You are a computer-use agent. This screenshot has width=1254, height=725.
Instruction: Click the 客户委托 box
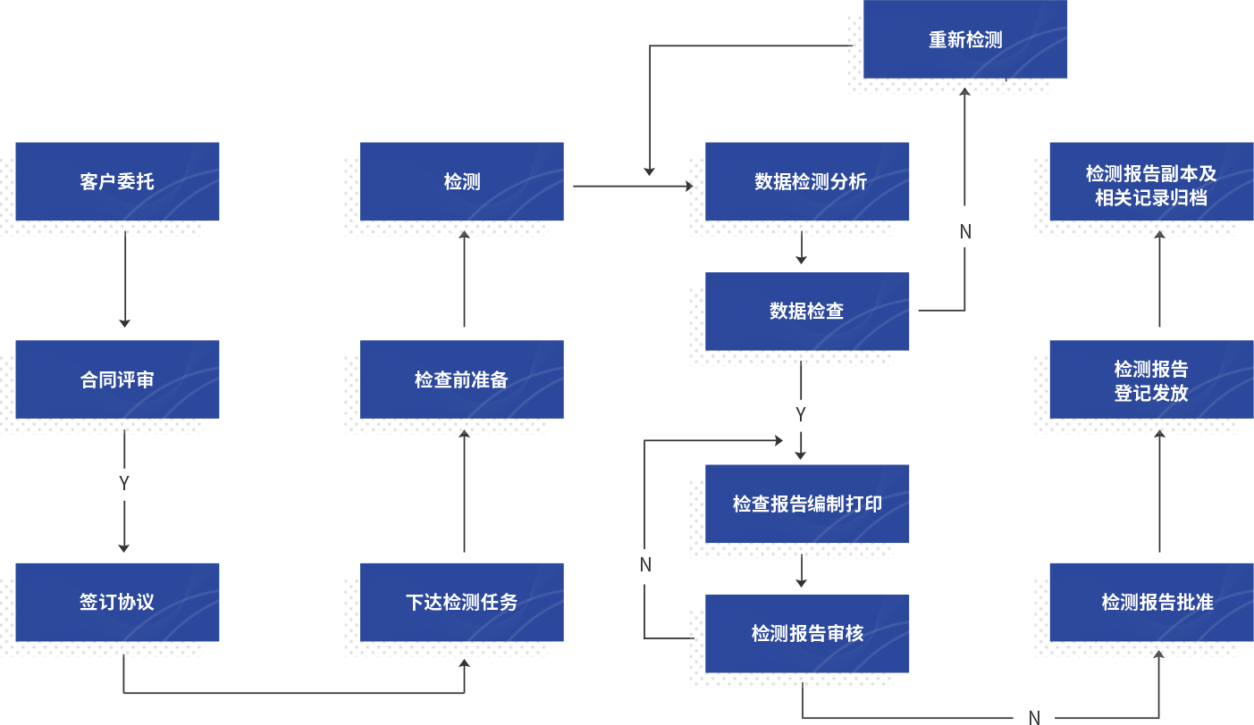coord(117,181)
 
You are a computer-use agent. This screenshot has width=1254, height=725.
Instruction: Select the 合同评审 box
coord(117,379)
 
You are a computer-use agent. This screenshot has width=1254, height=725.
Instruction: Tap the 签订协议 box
coord(117,602)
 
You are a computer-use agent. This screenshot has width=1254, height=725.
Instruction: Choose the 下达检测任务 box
coord(461,602)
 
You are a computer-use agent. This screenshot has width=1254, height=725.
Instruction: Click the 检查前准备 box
coord(461,379)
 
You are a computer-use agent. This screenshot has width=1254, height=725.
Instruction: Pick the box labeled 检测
coord(461,181)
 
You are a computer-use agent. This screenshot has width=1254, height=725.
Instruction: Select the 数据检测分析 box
coord(807,181)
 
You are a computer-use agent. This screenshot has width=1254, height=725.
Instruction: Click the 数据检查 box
coord(807,311)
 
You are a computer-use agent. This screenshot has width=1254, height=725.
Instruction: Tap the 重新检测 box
coord(965,39)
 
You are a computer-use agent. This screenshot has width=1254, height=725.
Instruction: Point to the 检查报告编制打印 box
coord(807,504)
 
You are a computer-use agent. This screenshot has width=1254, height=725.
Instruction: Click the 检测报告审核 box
coord(807,633)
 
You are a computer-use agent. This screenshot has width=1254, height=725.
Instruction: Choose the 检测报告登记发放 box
coord(1151,379)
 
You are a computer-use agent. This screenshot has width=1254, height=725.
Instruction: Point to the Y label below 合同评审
coord(124,483)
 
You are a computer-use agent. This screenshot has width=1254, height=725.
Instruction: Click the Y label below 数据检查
coord(801,414)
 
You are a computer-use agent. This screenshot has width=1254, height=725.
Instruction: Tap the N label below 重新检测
coord(965,232)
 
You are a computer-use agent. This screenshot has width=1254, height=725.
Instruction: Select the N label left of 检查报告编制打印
coord(645,564)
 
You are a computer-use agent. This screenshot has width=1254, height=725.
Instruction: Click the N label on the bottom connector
coord(1034,717)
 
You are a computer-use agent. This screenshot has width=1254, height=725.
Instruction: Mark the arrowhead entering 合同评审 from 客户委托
coord(124,322)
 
